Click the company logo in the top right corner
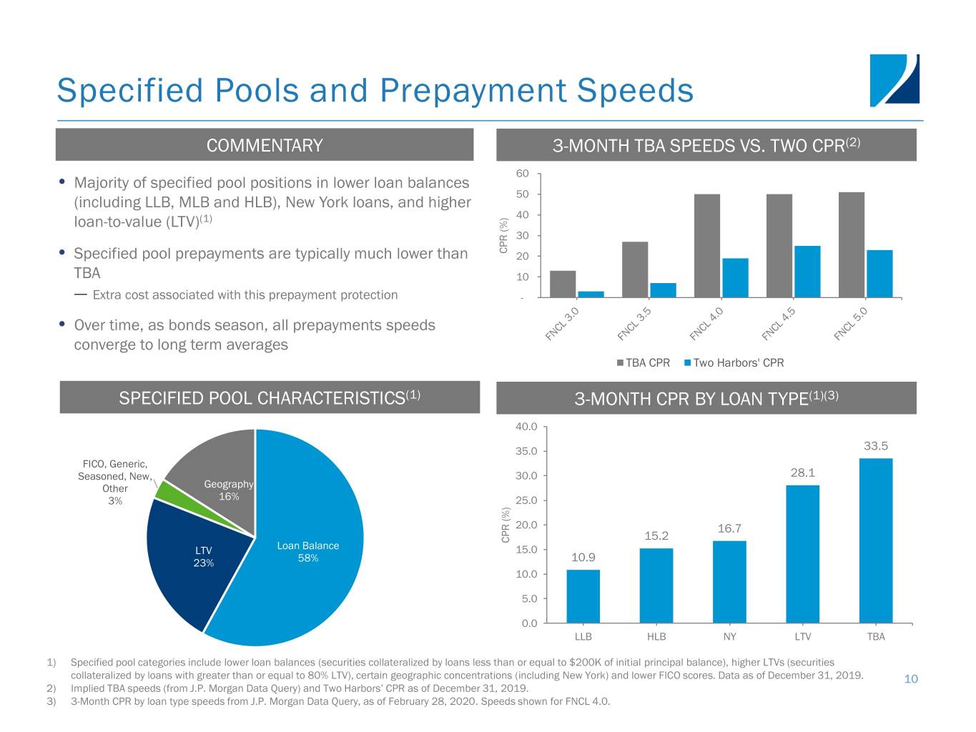coord(894,80)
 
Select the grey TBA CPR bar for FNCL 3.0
coord(563,284)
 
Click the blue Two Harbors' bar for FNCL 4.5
coord(807,272)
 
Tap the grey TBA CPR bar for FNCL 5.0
coord(851,244)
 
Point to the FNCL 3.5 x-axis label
coord(635,324)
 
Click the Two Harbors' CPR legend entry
coord(734,363)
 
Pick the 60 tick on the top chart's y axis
coord(522,174)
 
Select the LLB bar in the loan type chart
coord(583,596)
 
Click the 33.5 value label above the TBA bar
coord(876,446)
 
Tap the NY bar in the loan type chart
coord(729,581)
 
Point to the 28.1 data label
coord(803,473)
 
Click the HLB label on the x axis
coord(656,637)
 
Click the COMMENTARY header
coord(265,145)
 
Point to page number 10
coord(911,679)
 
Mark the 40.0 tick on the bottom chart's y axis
coord(526,427)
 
